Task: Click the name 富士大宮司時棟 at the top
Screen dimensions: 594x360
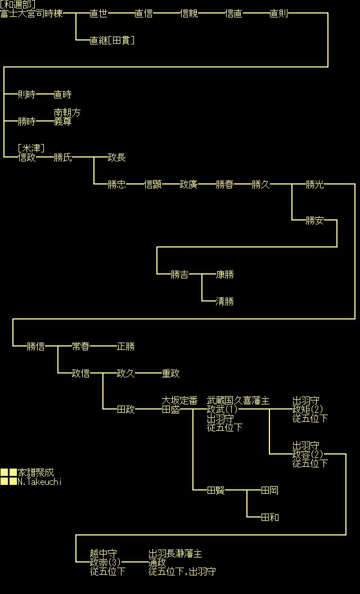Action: [31, 13]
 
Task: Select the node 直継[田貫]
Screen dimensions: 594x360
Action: [112, 40]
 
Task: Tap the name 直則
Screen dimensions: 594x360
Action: [278, 13]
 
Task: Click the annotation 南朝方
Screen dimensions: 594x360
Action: [67, 113]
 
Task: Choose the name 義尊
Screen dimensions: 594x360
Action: [62, 121]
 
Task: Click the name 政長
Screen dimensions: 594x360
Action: [116, 157]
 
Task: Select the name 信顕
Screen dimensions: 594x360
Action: [152, 184]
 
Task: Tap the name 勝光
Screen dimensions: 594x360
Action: [314, 184]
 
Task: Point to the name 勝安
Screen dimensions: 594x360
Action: [314, 220]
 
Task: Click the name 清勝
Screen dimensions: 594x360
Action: [224, 301]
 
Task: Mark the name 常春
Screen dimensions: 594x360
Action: [80, 346]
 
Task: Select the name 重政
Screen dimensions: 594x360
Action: [170, 373]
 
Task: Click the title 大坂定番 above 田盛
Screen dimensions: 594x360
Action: [179, 400]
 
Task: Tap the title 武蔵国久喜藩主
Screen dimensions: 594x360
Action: [238, 400]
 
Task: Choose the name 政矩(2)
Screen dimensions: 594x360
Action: [308, 409]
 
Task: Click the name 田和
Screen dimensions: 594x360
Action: [269, 517]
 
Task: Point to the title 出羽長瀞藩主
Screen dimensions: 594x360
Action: [175, 554]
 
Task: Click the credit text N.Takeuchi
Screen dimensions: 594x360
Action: [39, 481]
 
